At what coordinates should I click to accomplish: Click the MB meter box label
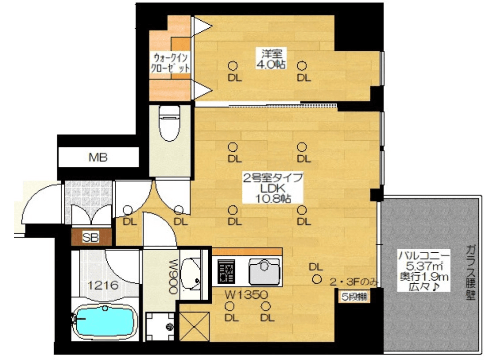pyautogui.click(x=98, y=157)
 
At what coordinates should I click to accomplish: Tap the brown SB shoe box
pyautogui.click(x=91, y=237)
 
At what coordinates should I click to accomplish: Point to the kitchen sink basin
pyautogui.click(x=265, y=271)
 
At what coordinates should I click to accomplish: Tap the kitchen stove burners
pyautogui.click(x=226, y=271)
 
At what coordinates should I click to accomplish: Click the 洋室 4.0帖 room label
pyautogui.click(x=271, y=59)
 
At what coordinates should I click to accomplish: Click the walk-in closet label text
pyautogui.click(x=170, y=63)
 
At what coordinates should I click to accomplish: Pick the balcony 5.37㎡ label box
pyautogui.click(x=424, y=270)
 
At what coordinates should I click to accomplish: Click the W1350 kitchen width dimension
pyautogui.click(x=246, y=294)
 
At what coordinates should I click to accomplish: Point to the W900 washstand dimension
pyautogui.click(x=173, y=277)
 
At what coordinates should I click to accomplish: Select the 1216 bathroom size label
pyautogui.click(x=103, y=285)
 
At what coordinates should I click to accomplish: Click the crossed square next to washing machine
pyautogui.click(x=195, y=326)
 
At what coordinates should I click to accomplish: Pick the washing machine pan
pyautogui.click(x=161, y=326)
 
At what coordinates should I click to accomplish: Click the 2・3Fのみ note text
pyautogui.click(x=354, y=282)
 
